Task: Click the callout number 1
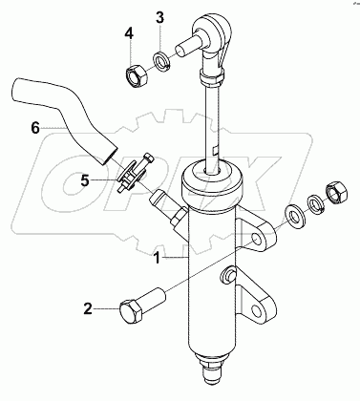[x=158, y=258]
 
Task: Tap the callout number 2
[x=88, y=308]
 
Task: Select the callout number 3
[x=160, y=18]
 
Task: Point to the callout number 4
[x=129, y=32]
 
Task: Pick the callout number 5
[x=85, y=180]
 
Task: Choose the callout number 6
[x=35, y=129]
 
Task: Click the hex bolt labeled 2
[x=142, y=306]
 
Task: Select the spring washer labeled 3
[x=162, y=61]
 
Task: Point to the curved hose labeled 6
[x=65, y=120]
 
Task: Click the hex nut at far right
[x=336, y=192]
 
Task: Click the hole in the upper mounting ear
[x=257, y=241]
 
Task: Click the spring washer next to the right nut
[x=315, y=203]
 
